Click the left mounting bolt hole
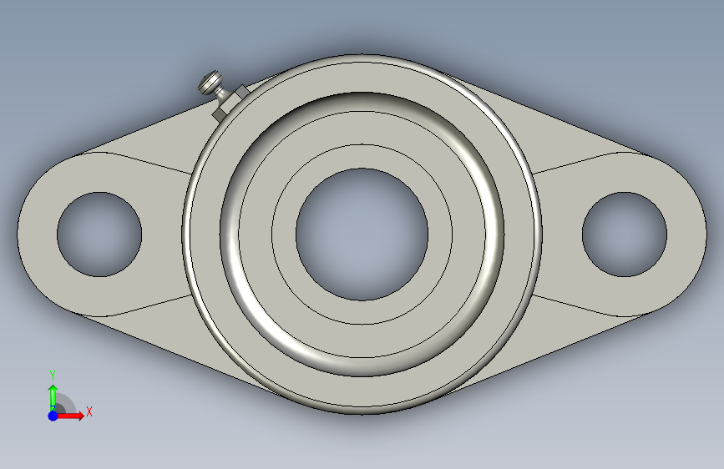point(99,234)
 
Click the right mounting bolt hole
point(625,234)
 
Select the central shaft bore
point(362,234)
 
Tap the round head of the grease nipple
point(210,82)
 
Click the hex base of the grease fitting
point(230,103)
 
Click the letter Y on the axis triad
point(53,376)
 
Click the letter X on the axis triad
point(89,411)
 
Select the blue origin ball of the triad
point(53,416)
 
